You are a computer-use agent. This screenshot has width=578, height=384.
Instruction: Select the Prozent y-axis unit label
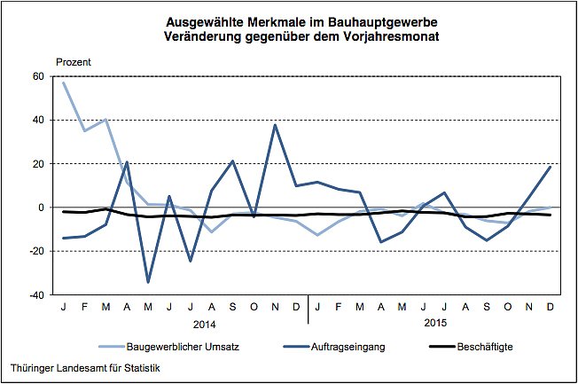[74, 61]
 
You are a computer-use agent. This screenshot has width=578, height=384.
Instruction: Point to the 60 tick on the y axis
[37, 76]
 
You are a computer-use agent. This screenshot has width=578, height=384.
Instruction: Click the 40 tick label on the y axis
[37, 120]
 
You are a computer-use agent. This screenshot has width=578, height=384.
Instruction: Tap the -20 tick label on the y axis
[35, 251]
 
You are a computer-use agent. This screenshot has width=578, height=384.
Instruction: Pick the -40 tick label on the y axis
[35, 295]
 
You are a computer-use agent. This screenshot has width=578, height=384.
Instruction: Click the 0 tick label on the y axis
[40, 208]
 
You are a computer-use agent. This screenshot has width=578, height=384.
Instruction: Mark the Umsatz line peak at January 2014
[64, 82]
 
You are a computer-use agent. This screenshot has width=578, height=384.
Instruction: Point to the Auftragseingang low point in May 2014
[148, 282]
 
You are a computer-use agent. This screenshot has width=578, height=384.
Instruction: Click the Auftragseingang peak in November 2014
[275, 125]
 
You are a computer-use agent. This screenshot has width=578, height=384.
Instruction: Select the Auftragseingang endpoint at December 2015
[550, 167]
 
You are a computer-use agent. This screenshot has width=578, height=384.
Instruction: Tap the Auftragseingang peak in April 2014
[128, 162]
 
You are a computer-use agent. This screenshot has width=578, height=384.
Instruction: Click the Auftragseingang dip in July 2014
[191, 261]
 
